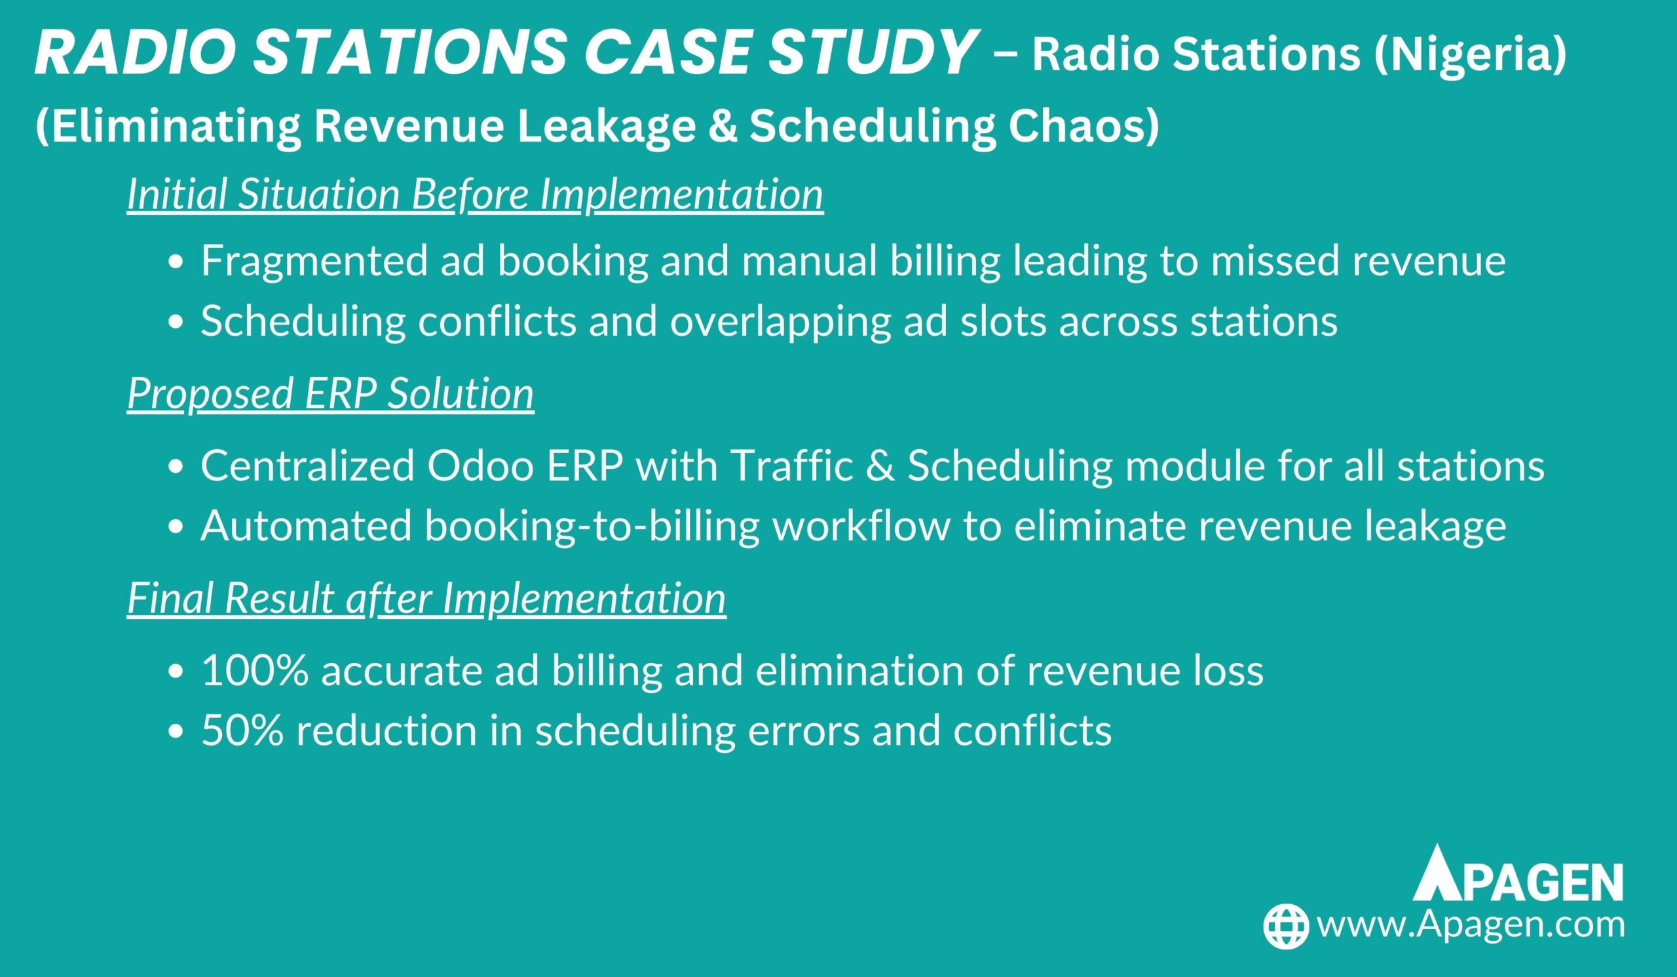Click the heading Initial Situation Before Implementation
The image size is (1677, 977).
[x=475, y=195]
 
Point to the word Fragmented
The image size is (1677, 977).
[x=314, y=261]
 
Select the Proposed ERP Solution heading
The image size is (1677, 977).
[x=330, y=393]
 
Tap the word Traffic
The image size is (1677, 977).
[x=792, y=466]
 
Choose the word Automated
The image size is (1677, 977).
[x=307, y=526]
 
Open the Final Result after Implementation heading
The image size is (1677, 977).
[x=426, y=599]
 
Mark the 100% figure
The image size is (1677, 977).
[x=255, y=671]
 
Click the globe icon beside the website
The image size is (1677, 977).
[x=1287, y=927]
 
